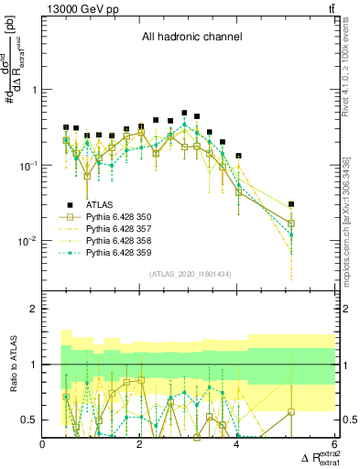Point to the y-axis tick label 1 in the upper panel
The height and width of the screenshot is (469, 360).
34,90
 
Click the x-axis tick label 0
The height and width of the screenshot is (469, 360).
43,444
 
